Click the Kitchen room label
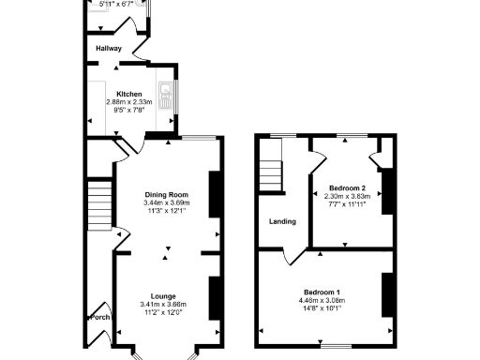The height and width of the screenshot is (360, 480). click(128, 95)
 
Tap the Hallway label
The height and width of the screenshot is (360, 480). click(108, 48)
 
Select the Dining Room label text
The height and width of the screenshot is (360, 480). click(167, 195)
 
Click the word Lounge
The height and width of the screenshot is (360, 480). click(164, 296)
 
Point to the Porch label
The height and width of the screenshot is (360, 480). click(99, 318)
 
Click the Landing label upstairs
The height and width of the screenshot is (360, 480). click(282, 222)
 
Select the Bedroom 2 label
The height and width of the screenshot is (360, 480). click(345, 188)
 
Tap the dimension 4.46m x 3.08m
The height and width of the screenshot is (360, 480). click(322, 301)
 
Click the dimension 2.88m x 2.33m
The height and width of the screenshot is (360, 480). click(129, 103)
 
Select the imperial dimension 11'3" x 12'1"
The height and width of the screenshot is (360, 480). click(165, 211)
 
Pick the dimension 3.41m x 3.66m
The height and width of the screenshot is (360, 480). click(164, 305)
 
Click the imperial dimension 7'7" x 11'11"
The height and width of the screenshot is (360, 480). click(345, 204)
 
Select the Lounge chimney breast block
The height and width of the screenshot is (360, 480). click(214, 294)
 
